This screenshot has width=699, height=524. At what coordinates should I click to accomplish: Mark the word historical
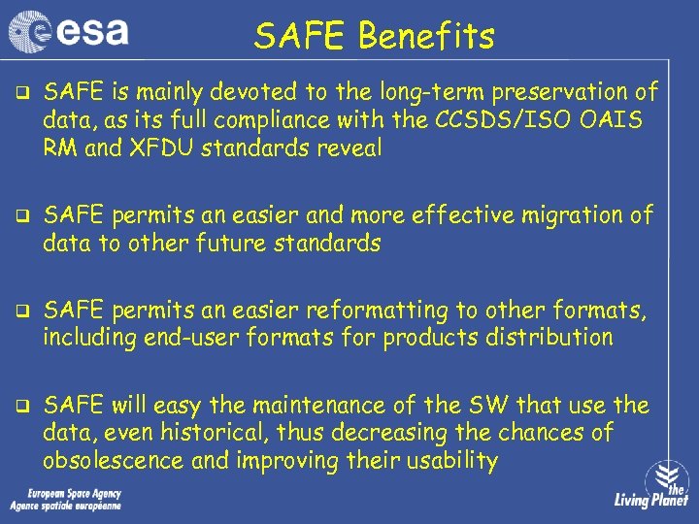pyautogui.click(x=181, y=433)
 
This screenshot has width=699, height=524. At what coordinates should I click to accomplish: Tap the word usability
pyautogui.click(x=446, y=461)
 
